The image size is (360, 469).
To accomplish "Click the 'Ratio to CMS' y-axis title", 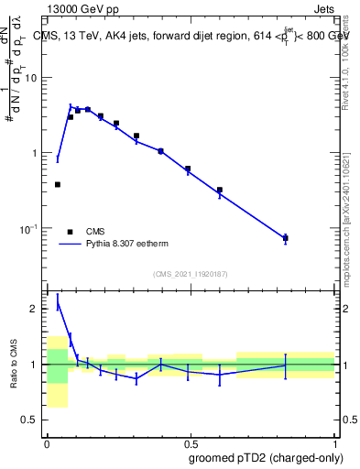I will click(x=13, y=365).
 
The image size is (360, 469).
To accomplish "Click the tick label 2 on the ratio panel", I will click(x=37, y=309).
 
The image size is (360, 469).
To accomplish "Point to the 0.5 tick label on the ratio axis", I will click(x=32, y=420).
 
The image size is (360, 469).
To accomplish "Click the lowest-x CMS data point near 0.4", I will click(x=58, y=184).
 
